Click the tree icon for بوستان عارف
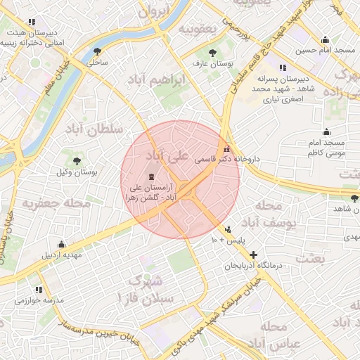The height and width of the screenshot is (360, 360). (213, 52)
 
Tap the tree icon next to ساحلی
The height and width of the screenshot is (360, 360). (97, 51)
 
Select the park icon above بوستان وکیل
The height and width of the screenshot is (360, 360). (77, 161)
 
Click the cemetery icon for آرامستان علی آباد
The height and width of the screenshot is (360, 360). (152, 176)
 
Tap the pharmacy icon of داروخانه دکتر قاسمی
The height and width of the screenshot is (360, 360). (226, 149)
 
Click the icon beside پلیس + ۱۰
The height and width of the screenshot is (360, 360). (228, 229)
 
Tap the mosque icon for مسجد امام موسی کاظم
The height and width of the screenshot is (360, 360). (326, 131)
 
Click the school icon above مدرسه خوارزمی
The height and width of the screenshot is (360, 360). (39, 289)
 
